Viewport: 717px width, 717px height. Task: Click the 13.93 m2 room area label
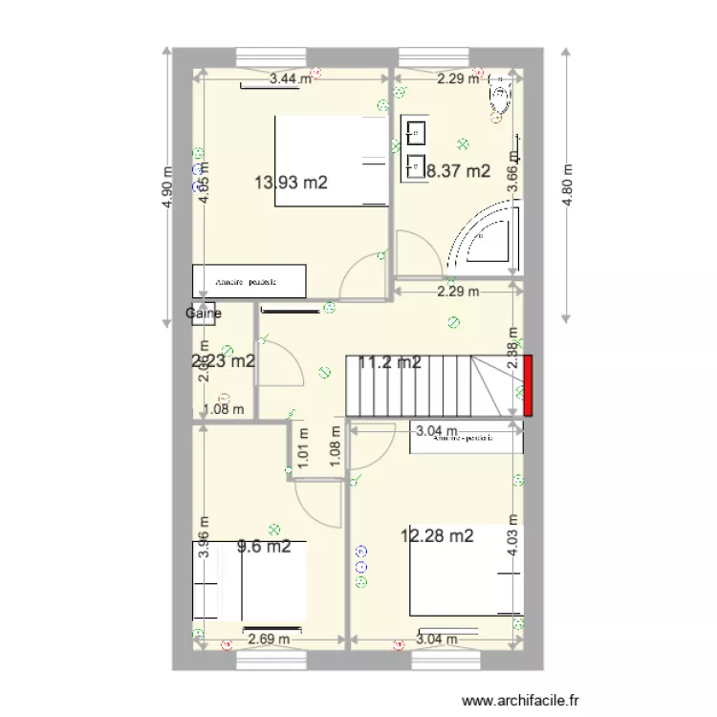(292, 183)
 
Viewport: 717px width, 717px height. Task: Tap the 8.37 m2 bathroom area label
(458, 172)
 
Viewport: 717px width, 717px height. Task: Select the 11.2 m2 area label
(390, 362)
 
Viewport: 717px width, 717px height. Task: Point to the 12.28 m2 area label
(437, 536)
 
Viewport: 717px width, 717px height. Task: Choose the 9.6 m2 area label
(263, 547)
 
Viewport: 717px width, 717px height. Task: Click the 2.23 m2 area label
(224, 361)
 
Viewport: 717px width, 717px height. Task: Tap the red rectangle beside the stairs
(528, 385)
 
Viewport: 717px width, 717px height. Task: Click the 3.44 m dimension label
(291, 79)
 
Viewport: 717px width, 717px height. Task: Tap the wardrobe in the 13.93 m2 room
(250, 281)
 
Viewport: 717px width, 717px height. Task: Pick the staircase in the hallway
(421, 386)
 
